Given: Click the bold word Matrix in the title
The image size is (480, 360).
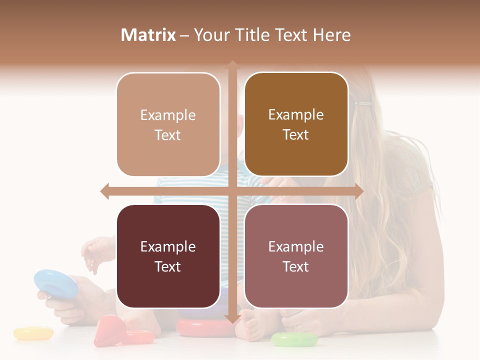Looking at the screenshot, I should (x=148, y=35).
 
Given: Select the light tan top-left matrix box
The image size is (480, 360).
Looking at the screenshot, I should (x=168, y=124).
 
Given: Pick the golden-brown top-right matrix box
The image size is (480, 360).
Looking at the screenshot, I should (x=296, y=124).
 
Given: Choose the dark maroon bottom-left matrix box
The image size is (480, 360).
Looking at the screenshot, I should (x=168, y=256).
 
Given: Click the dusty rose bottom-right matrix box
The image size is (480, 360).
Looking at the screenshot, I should (x=296, y=256).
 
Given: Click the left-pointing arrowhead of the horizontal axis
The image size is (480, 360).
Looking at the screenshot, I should (x=105, y=191).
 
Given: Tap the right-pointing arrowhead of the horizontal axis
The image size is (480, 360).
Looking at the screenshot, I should (x=358, y=191).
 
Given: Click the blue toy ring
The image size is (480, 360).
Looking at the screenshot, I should (x=55, y=282).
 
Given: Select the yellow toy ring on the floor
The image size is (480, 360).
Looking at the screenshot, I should (x=33, y=333).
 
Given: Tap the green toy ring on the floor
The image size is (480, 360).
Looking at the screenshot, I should (x=294, y=340).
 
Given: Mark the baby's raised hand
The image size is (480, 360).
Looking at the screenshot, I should (x=97, y=253).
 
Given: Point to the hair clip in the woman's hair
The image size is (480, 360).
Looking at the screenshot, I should (x=363, y=104).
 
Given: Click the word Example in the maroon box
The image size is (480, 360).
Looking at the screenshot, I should (x=168, y=246).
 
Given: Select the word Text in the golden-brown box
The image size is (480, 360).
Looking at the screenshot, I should (x=296, y=135).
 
